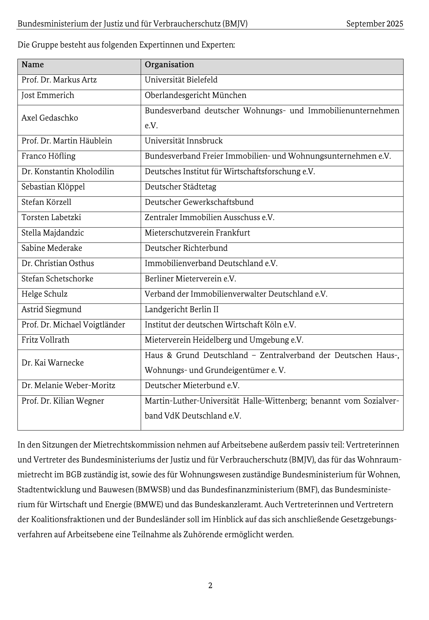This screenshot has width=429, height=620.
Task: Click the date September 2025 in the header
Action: click(x=374, y=24)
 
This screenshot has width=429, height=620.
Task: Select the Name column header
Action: click(x=33, y=65)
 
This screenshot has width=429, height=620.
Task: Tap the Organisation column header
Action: click(x=169, y=65)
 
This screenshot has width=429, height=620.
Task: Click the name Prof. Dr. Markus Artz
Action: click(x=59, y=80)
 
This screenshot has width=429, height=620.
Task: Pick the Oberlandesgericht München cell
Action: click(x=195, y=95)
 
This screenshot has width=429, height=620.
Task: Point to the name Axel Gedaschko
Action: click(x=49, y=118)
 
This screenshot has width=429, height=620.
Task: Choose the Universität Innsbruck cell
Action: click(x=184, y=141)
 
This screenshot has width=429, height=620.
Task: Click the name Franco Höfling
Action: click(x=48, y=156)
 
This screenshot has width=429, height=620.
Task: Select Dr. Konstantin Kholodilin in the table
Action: click(x=68, y=171)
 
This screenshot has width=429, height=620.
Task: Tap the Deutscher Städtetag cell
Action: click(x=180, y=187)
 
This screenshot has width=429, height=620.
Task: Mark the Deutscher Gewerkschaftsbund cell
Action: click(x=199, y=202)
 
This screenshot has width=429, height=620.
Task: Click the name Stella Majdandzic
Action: click(x=52, y=233)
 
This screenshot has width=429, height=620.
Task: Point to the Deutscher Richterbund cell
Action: click(x=186, y=248)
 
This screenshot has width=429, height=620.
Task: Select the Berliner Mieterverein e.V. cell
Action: click(x=190, y=279)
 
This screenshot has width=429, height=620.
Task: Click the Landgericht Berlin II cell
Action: click(x=181, y=310)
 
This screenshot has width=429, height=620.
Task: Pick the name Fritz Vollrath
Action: click(x=45, y=340)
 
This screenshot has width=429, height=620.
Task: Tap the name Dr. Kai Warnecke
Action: click(x=52, y=363)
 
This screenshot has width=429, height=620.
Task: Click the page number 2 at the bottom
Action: click(x=210, y=586)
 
